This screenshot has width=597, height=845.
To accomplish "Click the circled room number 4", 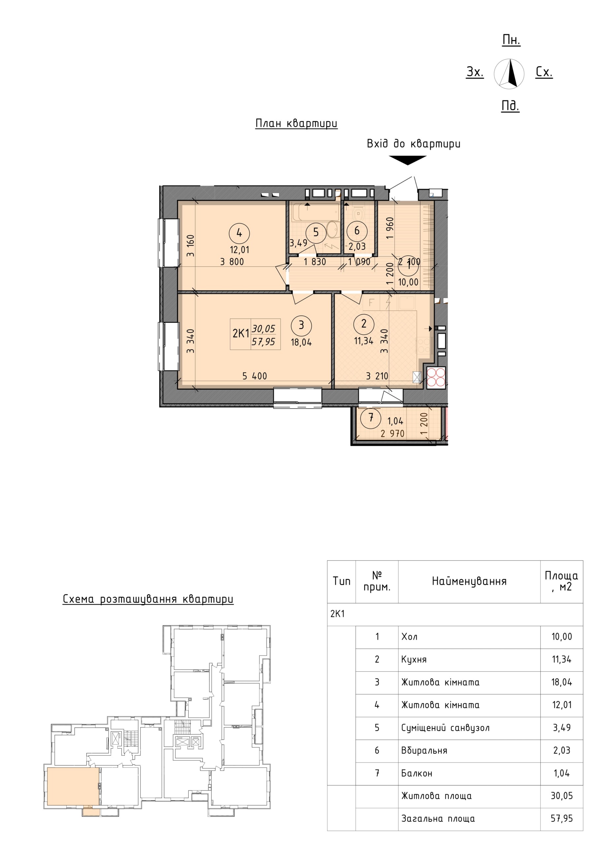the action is point(239,233).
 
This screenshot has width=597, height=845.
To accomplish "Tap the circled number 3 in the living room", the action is point(301,325).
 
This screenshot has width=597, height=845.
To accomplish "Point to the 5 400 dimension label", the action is point(255,376).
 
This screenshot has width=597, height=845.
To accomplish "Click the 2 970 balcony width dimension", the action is point(393,433).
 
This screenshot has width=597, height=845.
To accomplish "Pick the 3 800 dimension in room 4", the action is point(232,262).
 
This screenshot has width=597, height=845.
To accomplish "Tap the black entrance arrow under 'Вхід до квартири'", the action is point(408,160).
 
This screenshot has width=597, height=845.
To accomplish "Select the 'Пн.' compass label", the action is point(511,40).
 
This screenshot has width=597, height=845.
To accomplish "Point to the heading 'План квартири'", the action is point(296,123).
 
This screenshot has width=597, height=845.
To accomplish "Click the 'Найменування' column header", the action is point(469,581).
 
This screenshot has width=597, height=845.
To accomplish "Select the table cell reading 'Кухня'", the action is point(414,659).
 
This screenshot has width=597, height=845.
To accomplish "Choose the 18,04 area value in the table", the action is point(562,682).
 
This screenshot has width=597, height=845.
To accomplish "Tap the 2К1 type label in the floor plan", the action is point(241,333).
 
